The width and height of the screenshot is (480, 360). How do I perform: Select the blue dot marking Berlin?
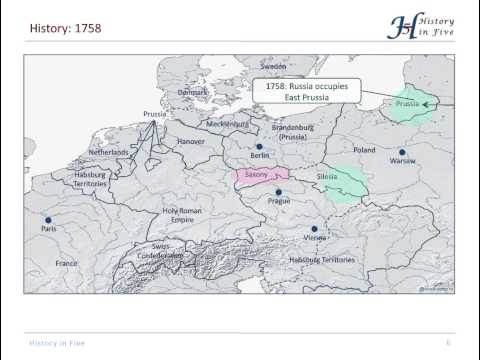click(259, 147)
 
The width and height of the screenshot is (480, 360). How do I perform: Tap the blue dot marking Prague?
click(279, 192)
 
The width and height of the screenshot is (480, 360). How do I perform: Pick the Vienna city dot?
click(314, 229)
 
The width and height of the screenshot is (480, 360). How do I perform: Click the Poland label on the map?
click(364, 150)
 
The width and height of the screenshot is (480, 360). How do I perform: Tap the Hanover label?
click(191, 142)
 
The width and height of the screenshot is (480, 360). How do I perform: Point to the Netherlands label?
click(108, 152)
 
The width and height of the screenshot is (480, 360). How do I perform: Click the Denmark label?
click(193, 92)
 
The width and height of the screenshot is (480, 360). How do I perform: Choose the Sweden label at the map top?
click(273, 66)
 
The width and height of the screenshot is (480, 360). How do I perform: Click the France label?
click(66, 263)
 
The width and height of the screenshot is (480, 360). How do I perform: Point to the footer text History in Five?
click(56, 342)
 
